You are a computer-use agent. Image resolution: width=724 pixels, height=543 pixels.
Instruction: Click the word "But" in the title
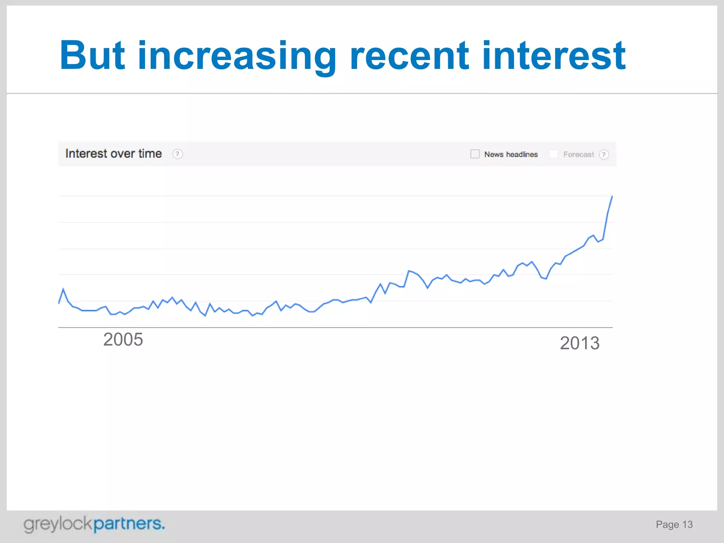92,56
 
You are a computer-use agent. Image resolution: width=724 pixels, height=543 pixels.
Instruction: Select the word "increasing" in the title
237,57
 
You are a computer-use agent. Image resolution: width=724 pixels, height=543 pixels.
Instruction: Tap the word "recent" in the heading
409,56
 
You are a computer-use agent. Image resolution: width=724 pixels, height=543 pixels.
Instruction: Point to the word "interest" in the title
554,56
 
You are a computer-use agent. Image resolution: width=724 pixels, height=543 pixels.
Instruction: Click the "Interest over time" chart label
113,154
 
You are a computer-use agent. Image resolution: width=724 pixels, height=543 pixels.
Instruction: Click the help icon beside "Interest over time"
177,154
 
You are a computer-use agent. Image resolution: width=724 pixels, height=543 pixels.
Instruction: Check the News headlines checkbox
475,154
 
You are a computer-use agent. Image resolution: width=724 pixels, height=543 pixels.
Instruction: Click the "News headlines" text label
511,154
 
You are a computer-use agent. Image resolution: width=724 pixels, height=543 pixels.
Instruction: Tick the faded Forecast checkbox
554,154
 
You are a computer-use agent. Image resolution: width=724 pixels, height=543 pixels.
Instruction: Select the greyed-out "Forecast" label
578,154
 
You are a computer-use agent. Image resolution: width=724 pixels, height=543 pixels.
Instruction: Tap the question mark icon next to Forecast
604,154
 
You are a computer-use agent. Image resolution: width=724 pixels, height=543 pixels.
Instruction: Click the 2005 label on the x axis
123,339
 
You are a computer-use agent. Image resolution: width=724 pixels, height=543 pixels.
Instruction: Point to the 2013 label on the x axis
580,343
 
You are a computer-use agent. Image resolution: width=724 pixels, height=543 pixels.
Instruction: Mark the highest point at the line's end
612,197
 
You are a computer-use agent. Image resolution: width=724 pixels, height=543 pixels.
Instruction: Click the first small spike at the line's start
63,290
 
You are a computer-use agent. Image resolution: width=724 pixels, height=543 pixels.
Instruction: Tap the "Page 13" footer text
674,524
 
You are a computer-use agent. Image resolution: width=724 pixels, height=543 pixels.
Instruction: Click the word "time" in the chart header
150,154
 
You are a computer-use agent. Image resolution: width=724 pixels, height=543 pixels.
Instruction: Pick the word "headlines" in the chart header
522,154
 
